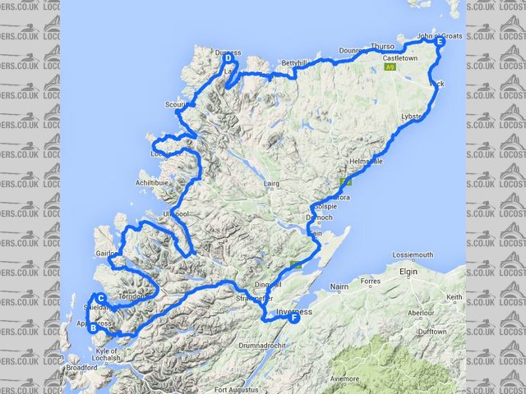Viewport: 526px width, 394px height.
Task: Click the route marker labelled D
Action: click(228, 57)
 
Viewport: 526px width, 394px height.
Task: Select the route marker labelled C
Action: click(100, 298)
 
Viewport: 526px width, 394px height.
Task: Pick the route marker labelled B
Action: click(95, 328)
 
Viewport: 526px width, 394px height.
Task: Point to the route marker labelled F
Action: click(294, 320)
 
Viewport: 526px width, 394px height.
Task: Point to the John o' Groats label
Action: click(440, 36)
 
